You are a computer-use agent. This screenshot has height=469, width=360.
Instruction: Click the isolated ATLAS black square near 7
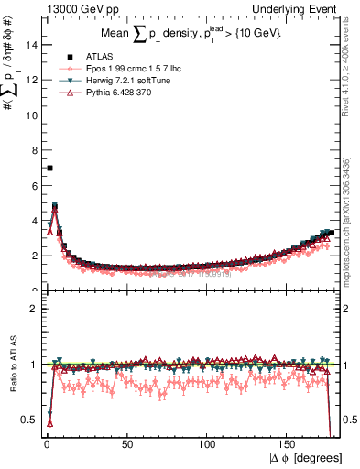[49, 168]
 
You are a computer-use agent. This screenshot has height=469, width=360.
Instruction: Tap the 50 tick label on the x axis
[126, 445]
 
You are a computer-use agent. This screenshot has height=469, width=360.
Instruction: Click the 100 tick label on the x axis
[208, 445]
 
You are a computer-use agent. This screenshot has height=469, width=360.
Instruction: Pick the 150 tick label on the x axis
[289, 445]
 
